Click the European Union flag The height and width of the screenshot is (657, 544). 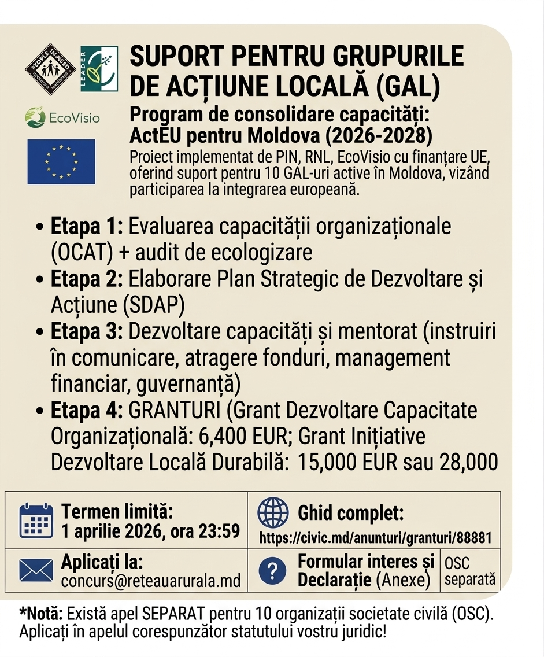click(61, 161)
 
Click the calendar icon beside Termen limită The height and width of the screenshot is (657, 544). click(36, 521)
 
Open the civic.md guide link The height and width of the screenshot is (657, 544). click(375, 538)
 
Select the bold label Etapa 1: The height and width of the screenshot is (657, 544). click(87, 227)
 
